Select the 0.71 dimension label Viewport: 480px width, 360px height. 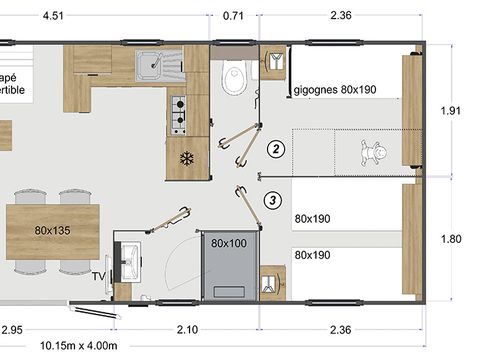pyautogui.click(x=233, y=15)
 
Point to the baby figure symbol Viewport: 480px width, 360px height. pyautogui.click(x=376, y=154)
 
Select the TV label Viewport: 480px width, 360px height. pyautogui.click(x=98, y=276)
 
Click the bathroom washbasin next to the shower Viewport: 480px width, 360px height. pyautogui.click(x=129, y=260)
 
